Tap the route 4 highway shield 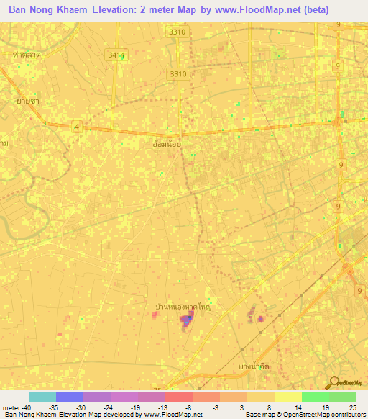pyautogui.click(x=76, y=127)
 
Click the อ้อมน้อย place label pyautogui.click(x=167, y=145)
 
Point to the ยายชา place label pyautogui.click(x=27, y=102)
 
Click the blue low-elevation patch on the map pyautogui.click(x=186, y=320)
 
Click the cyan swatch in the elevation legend pyautogui.click(x=42, y=397)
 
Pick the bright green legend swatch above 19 pyautogui.click(x=315, y=397)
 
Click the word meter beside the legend pyautogui.click(x=10, y=407)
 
